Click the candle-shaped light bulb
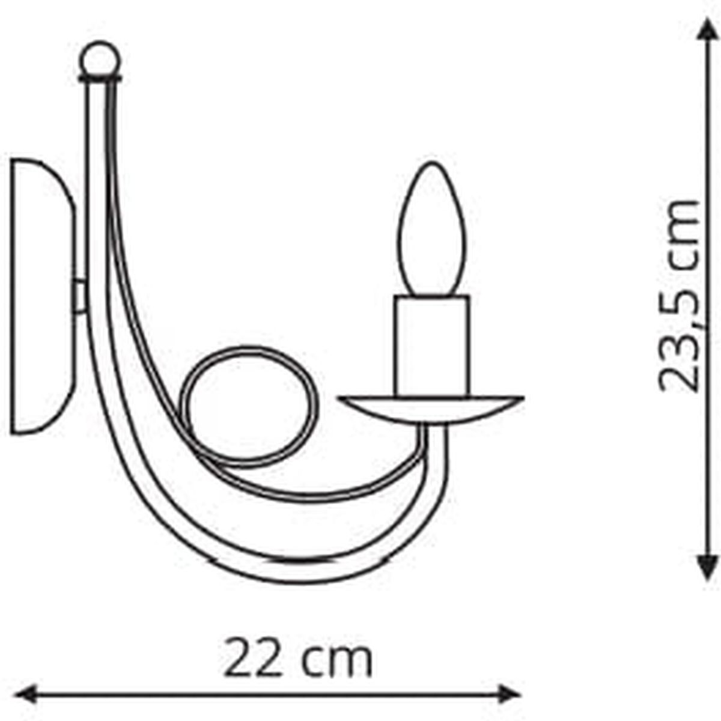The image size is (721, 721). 432,229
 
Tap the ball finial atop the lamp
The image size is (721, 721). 100,59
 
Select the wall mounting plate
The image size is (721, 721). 43,296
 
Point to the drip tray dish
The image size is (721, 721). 431,409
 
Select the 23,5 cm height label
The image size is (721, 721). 678,296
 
